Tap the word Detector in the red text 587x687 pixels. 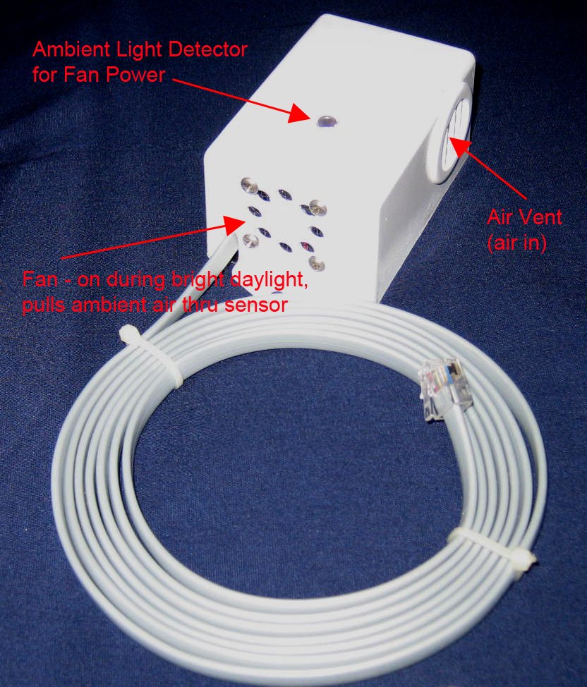[x=208, y=49]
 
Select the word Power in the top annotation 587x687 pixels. [x=135, y=75]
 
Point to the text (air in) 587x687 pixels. [x=517, y=243]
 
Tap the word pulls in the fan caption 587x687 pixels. [x=44, y=305]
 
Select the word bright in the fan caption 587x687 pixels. [x=198, y=279]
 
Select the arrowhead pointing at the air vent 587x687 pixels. [x=458, y=147]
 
